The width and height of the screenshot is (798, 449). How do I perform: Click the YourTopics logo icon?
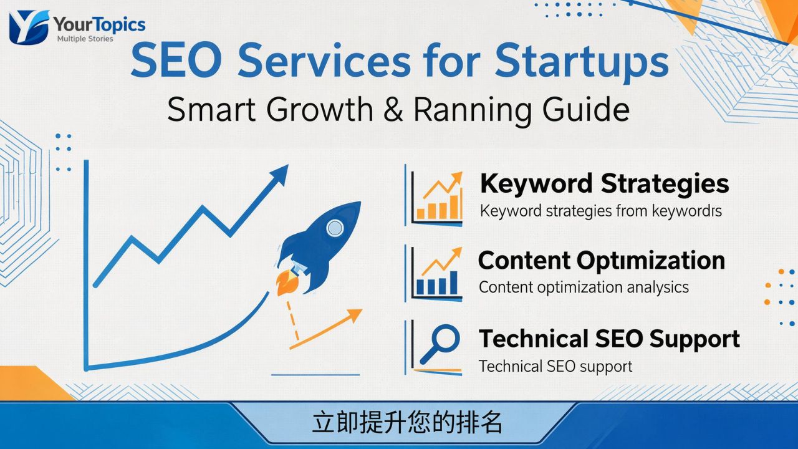coord(29,27)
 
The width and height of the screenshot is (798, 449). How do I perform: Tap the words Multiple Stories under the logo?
coord(85,39)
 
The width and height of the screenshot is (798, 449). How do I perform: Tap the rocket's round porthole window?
coord(335,228)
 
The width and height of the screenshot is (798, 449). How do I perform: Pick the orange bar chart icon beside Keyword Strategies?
coord(439,198)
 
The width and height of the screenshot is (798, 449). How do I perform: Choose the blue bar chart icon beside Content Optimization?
coord(438,274)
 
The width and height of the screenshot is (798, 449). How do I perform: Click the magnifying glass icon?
coord(440,344)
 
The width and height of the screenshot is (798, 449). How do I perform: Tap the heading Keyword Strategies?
coord(604,184)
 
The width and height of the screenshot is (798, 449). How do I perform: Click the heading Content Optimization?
coord(601,261)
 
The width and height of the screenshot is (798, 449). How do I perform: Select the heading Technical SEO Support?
coord(608,339)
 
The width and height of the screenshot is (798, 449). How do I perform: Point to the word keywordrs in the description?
coord(686,211)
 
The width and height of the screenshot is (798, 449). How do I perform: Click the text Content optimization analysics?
coord(584,287)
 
